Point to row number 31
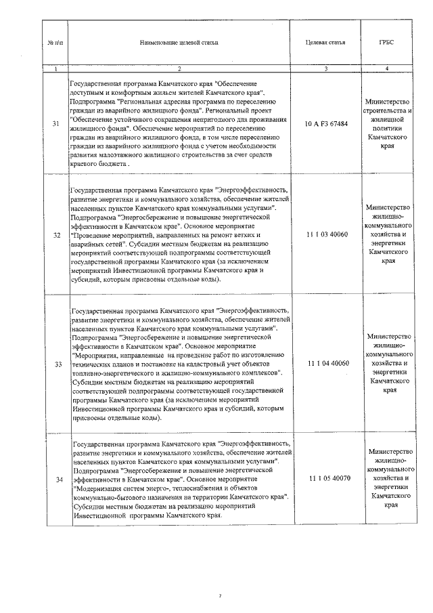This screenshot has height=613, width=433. click(x=55, y=124)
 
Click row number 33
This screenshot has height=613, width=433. click(x=55, y=364)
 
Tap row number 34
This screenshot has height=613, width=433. click(x=55, y=480)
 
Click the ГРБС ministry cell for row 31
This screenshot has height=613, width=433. click(x=387, y=124)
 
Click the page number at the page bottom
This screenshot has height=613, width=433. click(x=220, y=596)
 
